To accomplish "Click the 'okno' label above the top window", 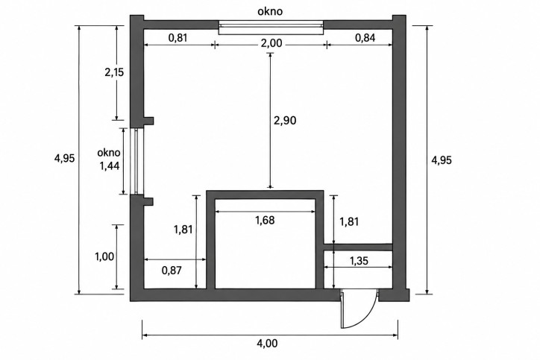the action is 270,11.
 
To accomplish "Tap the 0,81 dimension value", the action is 178,37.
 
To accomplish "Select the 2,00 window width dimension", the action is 271,43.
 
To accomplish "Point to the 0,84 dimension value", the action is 365,37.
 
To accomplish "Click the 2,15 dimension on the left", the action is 114,72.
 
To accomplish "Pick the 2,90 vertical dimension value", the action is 285,121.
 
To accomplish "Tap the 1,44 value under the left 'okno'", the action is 110,166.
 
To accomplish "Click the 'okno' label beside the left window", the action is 109,153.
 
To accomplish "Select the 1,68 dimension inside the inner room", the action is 265,220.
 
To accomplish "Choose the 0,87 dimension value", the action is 172,270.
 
